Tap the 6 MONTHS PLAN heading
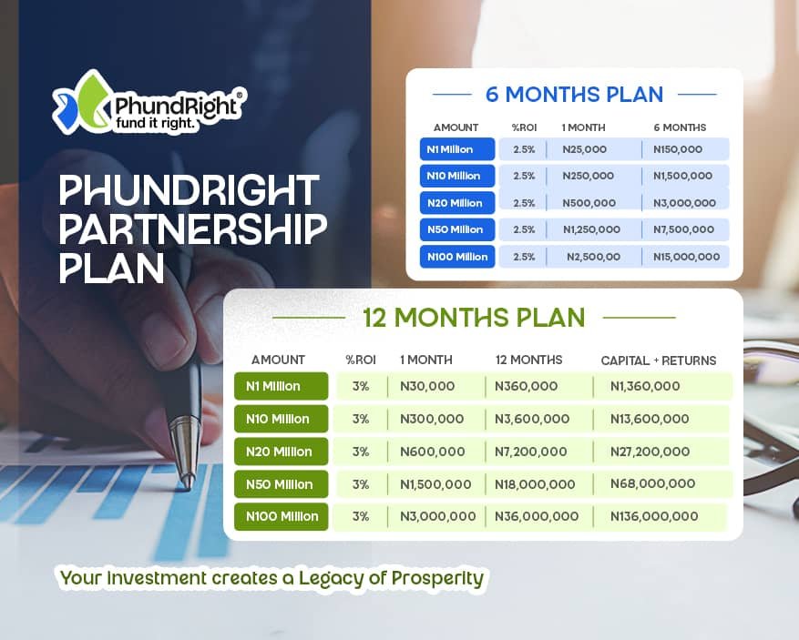click(574, 95)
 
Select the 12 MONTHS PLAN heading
click(474, 317)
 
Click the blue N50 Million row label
click(457, 229)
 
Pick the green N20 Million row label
click(282, 452)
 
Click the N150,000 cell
click(678, 149)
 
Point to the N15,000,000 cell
click(686, 257)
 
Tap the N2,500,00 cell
click(594, 257)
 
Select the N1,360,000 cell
click(645, 386)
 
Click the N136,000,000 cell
click(654, 517)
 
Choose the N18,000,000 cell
click(535, 484)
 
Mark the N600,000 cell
click(432, 452)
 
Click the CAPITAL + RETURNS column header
click(659, 361)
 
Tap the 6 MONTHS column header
click(680, 127)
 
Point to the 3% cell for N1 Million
click(361, 386)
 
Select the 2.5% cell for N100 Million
click(524, 257)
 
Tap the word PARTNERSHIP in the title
click(192, 229)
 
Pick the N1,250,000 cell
click(591, 229)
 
